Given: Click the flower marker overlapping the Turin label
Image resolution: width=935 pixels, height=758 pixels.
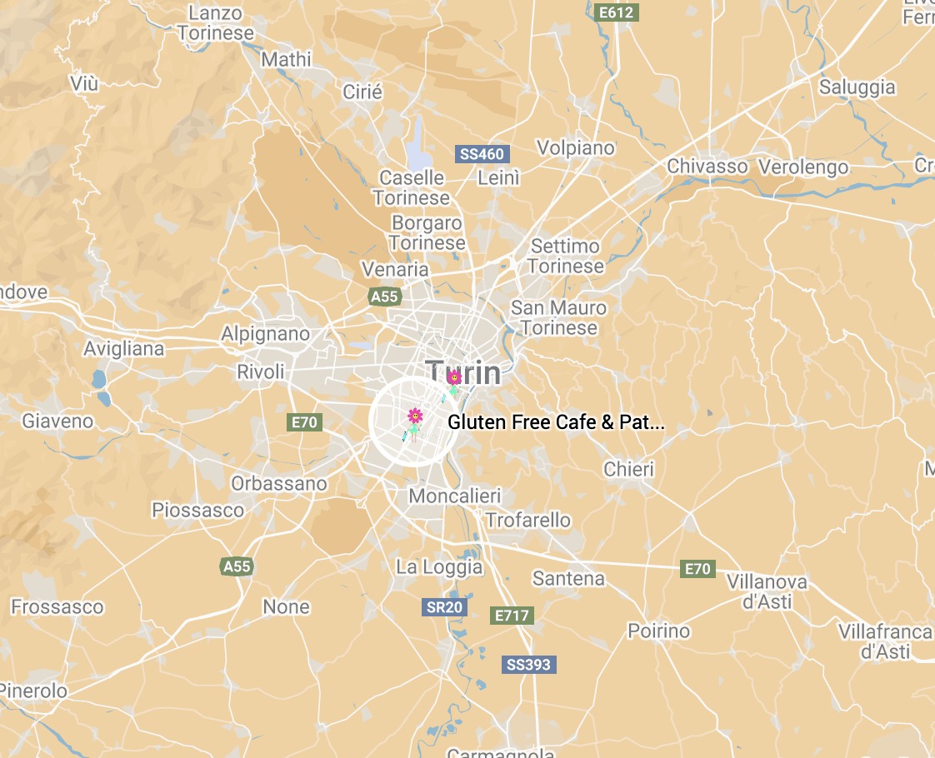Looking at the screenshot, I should pos(454,379).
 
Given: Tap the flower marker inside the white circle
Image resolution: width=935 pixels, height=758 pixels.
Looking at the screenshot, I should pos(414,416).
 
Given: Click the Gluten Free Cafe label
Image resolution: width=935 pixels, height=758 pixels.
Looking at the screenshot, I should pos(556,422).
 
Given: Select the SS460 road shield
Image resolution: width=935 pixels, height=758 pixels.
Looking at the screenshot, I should pos(482,154).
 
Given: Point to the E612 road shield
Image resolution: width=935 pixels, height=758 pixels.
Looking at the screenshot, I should pos(617,12).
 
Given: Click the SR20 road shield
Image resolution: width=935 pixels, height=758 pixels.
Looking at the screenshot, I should pos(444,607).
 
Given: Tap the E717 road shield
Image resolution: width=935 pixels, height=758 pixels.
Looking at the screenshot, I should pos(512,616).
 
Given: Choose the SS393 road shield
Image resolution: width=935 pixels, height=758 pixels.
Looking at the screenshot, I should pos(528,665).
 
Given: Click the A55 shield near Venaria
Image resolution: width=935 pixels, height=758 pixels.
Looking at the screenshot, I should pos(385,297).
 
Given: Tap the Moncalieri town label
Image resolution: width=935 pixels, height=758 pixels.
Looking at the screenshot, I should pos(454,496).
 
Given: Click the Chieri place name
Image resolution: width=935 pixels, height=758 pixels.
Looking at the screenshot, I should pos(629,470).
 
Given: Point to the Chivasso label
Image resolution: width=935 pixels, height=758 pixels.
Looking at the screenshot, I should pos(707,167).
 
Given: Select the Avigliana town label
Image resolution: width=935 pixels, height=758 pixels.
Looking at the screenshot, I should pos(124,349).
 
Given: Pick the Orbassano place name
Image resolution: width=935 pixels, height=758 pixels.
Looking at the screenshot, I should pos(279,484).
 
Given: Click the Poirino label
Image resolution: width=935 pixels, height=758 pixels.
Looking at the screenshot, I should pos(658,631).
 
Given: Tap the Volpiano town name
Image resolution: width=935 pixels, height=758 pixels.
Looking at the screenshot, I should pos(575,148).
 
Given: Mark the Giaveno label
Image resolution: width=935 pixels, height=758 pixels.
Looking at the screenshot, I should pos(57,421).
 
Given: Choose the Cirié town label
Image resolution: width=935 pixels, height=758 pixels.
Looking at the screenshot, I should pos(362,92).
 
